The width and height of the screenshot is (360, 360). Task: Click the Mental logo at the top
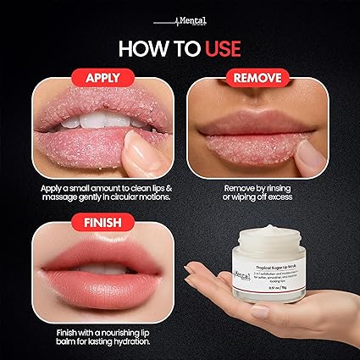pyautogui.click(x=180, y=18)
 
